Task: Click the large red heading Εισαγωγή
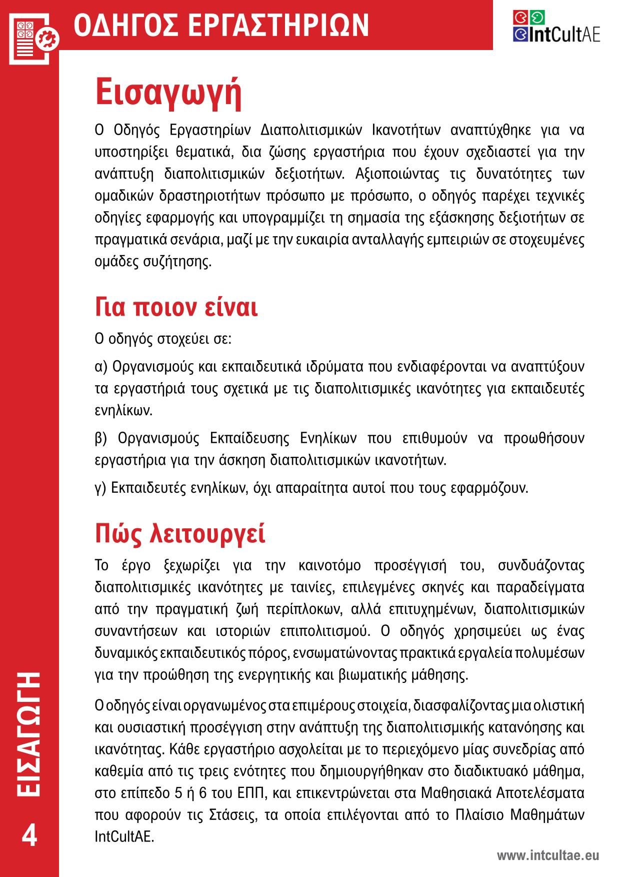168,93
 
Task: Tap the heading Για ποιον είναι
176,307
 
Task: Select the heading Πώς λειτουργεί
180,533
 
